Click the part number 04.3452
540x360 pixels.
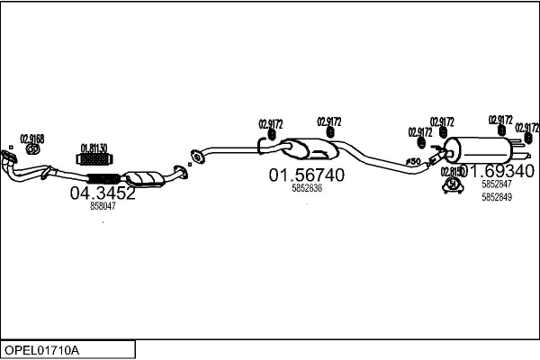(x=103, y=193)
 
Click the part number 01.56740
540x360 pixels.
(x=307, y=175)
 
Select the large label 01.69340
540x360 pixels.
(x=498, y=171)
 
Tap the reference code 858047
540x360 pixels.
(x=103, y=206)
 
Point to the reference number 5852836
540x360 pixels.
(x=307, y=189)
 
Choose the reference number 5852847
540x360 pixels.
(x=496, y=184)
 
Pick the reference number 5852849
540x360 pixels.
(x=496, y=197)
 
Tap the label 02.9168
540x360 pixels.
(x=31, y=138)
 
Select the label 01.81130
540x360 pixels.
(x=94, y=148)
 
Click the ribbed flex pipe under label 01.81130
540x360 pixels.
(x=95, y=160)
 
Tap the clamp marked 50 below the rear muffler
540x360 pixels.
(x=451, y=185)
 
